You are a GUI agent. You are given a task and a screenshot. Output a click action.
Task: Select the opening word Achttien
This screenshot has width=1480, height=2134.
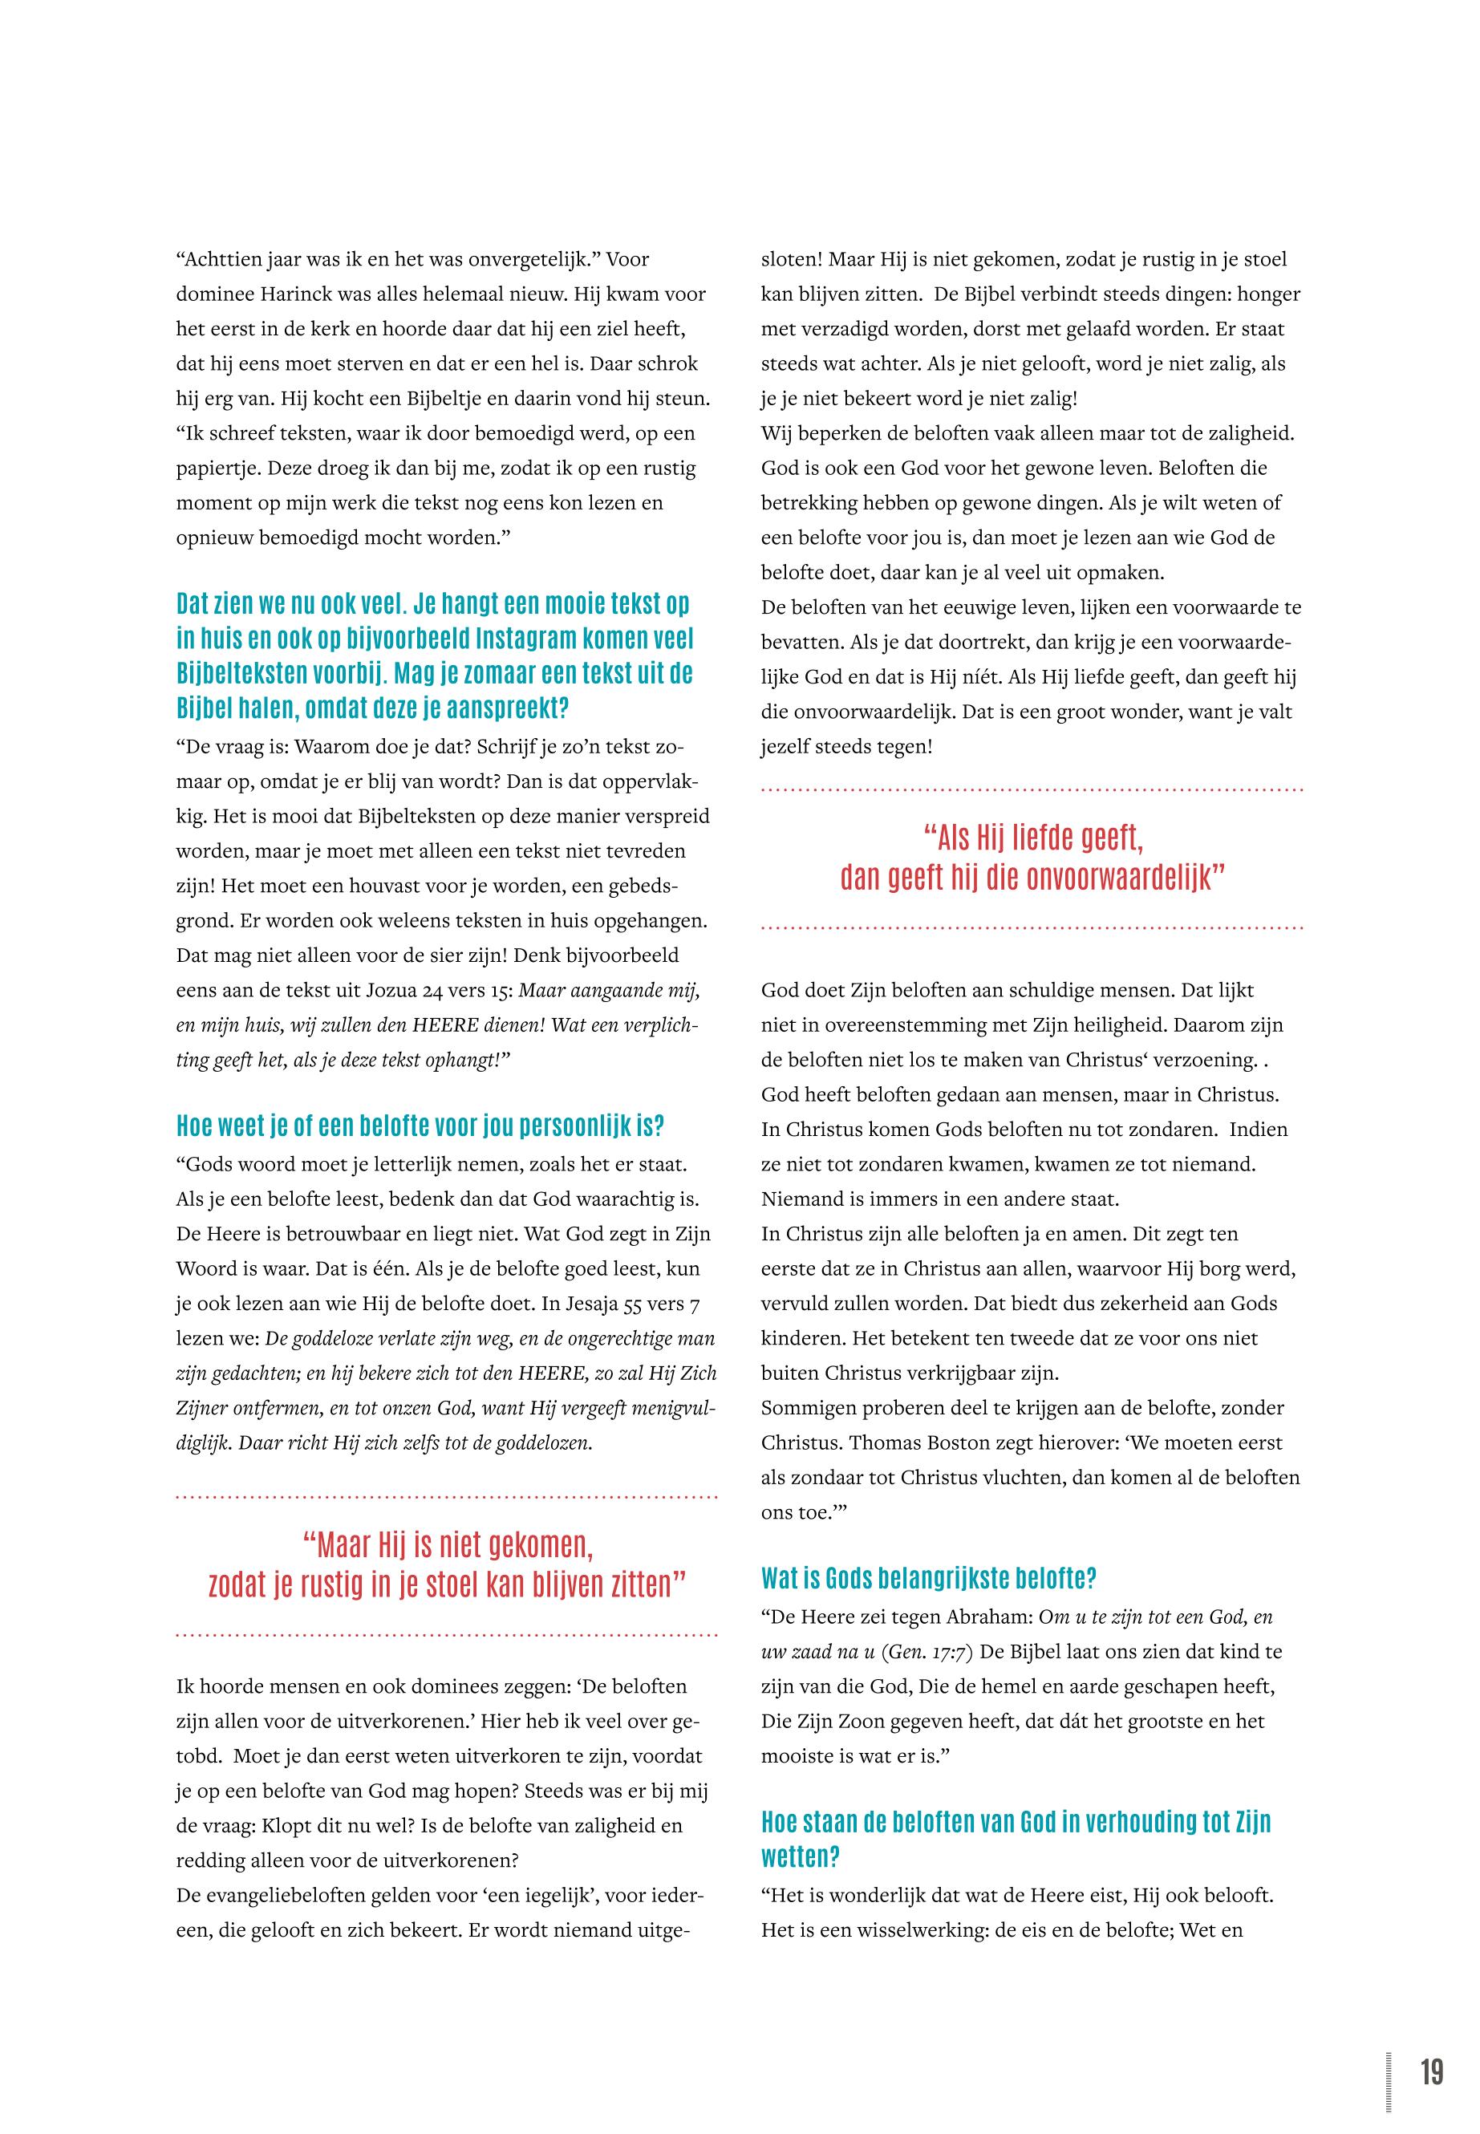tap(218, 260)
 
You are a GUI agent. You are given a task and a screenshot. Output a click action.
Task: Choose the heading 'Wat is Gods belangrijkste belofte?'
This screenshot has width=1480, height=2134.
tap(929, 1577)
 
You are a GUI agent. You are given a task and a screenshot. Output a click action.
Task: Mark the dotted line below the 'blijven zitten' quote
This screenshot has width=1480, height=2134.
tap(446, 1635)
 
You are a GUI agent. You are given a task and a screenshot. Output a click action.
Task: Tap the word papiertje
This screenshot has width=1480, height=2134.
tap(218, 469)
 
